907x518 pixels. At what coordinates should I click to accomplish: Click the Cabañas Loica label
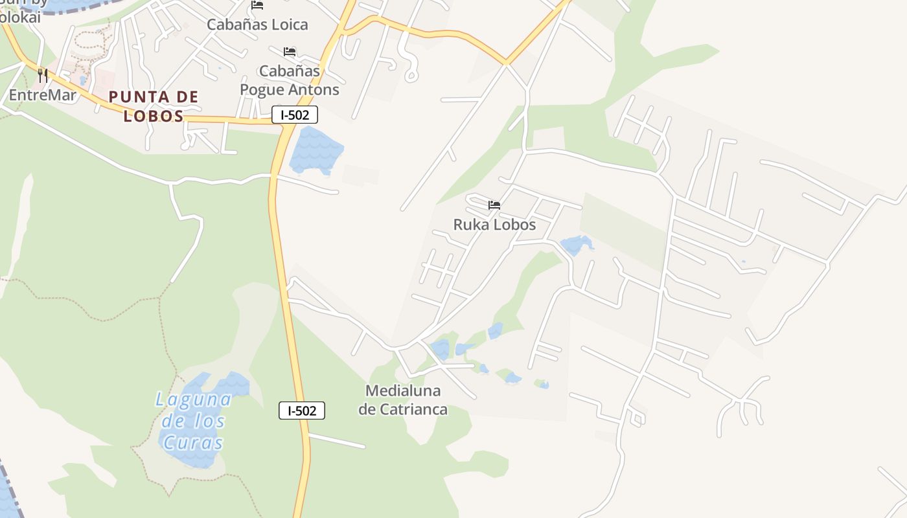coord(257,25)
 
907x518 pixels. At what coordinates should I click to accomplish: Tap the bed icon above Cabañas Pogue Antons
coord(290,52)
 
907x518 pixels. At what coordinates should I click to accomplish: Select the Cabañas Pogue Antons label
coord(290,80)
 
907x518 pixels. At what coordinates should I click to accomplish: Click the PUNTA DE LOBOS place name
coord(154,106)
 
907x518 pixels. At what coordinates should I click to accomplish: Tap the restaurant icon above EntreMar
coord(43,75)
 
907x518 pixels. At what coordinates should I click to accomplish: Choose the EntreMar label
coord(43,95)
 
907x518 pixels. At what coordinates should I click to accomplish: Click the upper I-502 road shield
coord(295,115)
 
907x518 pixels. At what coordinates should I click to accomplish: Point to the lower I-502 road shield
coord(302,411)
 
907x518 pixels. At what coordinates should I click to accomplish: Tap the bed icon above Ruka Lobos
coord(494,205)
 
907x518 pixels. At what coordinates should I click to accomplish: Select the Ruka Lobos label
coord(494,225)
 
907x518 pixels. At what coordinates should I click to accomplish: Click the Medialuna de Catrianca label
coord(403,400)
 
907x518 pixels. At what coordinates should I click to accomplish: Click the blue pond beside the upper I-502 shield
coord(315,151)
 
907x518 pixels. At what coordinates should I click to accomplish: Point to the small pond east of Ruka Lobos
coord(575,245)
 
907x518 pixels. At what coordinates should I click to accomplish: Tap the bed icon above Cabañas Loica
coord(257,5)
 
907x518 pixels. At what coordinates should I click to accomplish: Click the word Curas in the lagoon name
coord(193,444)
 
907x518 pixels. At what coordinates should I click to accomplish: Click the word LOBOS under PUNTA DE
coord(154,117)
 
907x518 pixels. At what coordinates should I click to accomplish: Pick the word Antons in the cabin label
coord(314,90)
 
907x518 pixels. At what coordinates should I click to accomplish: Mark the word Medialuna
coord(403,391)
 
